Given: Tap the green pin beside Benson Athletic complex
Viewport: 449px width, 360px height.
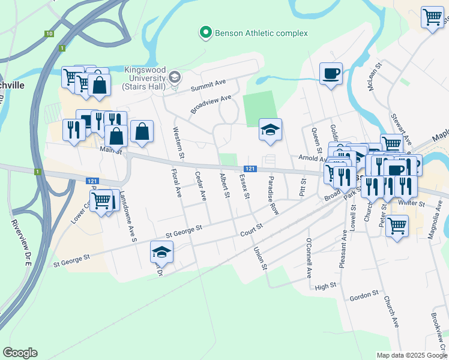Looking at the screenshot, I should point(206,33).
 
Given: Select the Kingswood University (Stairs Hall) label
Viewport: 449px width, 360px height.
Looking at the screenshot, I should point(144,79).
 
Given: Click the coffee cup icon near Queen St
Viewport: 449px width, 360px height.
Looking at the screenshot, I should point(331,74).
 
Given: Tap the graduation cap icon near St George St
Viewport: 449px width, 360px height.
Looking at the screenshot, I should point(161,252).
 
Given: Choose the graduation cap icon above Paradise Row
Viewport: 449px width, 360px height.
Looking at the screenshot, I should point(270,130).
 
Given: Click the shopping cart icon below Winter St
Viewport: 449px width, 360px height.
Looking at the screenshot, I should point(397,226).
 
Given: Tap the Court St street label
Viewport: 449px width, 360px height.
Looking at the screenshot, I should point(252,230).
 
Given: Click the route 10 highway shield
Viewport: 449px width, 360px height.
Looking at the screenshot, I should point(49,34).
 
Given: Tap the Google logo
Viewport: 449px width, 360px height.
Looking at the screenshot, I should point(20,353).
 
